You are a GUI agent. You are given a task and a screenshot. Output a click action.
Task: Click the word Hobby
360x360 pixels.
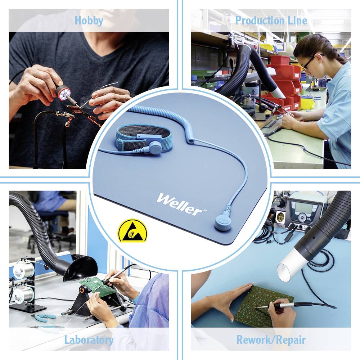[89, 21]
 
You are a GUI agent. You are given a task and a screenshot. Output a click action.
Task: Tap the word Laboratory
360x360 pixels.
[89, 339]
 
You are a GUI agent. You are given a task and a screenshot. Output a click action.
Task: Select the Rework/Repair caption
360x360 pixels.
[271, 339]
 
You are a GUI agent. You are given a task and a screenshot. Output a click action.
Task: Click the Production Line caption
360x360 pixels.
[271, 21]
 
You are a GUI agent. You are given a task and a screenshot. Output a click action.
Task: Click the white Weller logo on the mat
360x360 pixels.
[179, 204]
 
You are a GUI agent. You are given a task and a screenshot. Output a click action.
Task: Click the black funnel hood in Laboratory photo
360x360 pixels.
[80, 268]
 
